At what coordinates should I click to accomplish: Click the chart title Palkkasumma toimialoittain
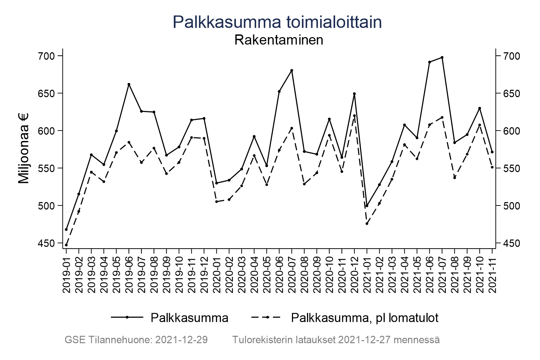(x=277, y=22)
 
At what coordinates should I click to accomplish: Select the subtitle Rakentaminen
(x=278, y=40)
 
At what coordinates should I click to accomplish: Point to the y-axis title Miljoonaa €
(x=24, y=148)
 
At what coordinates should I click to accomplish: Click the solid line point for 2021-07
(x=442, y=57)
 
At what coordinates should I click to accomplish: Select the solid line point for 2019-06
(x=129, y=84)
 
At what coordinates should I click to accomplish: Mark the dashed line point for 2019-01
(x=66, y=245)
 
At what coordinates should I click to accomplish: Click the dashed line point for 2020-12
(x=354, y=115)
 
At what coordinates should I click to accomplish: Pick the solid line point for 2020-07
(x=292, y=71)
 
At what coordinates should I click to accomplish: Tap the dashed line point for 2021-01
(x=367, y=223)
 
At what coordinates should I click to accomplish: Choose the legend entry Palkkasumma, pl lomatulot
(x=364, y=318)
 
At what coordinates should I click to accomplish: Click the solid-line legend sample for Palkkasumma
(x=127, y=317)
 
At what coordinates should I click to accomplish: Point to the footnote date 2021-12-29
(x=181, y=340)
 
